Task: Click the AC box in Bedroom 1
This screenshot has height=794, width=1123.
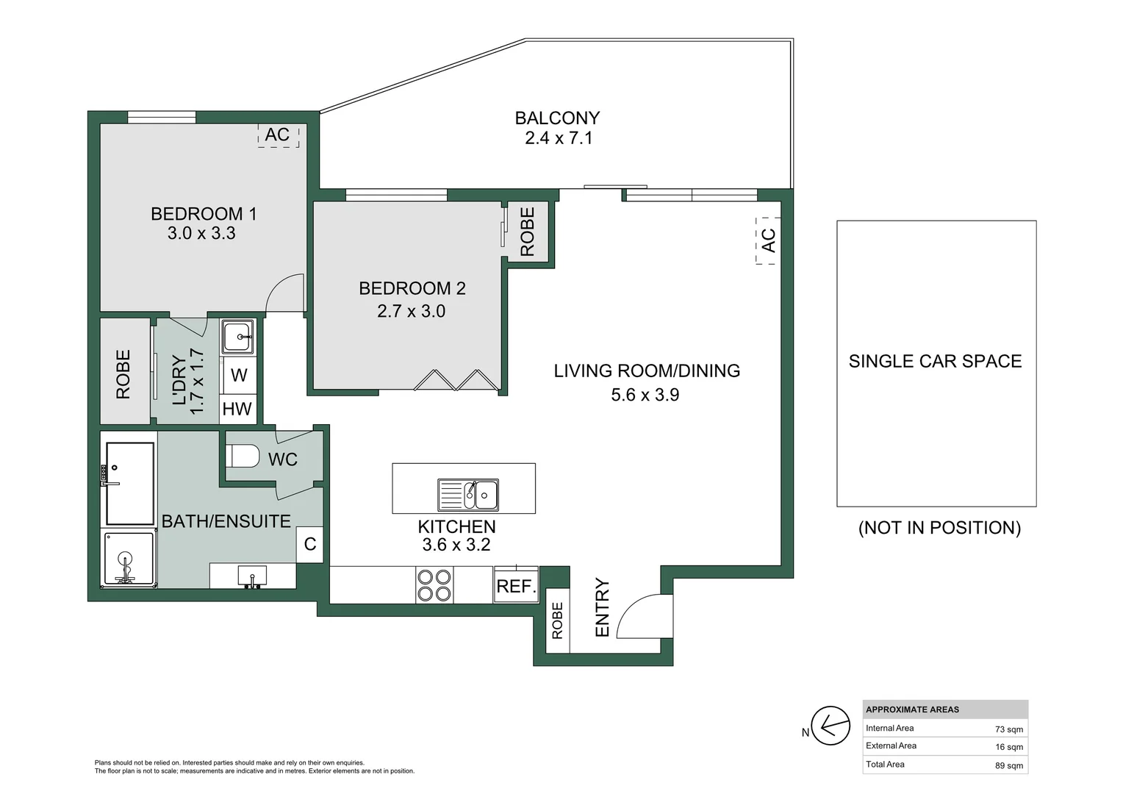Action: coord(279,135)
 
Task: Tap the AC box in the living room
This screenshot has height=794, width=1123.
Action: coord(768,240)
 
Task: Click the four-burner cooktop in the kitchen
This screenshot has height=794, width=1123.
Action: coord(434,585)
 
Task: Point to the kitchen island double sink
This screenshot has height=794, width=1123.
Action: coord(468,495)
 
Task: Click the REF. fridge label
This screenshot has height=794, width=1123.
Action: coord(517,586)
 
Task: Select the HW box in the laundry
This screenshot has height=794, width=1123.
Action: coord(237,409)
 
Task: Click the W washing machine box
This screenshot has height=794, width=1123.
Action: coord(239,375)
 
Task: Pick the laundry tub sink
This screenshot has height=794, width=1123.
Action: coord(238,336)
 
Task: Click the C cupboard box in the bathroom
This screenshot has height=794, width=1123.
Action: coord(310,544)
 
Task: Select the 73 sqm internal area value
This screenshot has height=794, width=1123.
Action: coord(1008,729)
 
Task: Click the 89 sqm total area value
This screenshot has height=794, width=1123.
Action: coord(1008,765)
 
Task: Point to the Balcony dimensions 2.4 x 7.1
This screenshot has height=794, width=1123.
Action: coord(559,138)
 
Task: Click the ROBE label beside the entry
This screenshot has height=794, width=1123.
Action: coord(558,620)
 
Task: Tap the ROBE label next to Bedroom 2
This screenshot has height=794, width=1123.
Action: coord(528,232)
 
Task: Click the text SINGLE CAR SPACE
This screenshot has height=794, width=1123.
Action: coord(935,361)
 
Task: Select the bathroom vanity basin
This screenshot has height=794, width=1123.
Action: coord(252,576)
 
